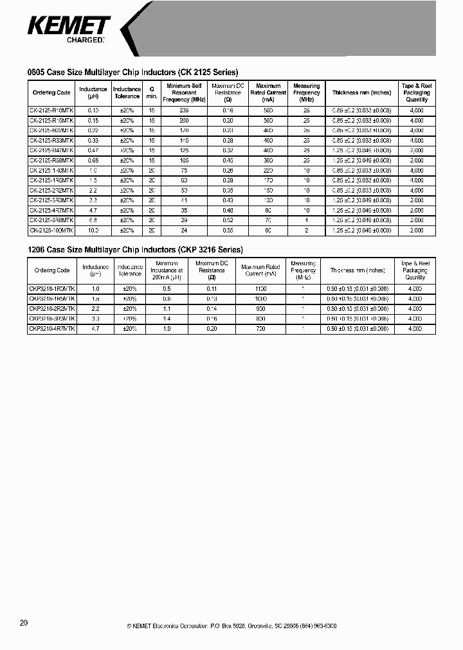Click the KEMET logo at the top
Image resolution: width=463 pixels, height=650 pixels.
coord(69,27)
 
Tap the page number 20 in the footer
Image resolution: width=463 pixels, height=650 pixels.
coord(24,623)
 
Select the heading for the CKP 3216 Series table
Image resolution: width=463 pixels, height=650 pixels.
coord(135,249)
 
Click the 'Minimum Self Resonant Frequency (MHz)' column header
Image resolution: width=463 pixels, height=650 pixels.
coord(183,92)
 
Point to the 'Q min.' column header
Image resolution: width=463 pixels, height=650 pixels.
coord(152,92)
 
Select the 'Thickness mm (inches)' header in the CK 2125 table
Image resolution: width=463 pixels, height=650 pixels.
coord(362,92)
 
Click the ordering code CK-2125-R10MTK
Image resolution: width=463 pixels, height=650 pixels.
coord(51,110)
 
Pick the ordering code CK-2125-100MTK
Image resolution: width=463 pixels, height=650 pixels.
coord(51,230)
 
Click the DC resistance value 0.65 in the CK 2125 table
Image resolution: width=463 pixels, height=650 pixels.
coord(227,230)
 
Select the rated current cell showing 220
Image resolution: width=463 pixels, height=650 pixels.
coord(268,170)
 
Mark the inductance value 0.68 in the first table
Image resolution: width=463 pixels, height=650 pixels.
coord(93,161)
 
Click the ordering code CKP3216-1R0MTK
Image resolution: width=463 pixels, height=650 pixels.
coord(52,289)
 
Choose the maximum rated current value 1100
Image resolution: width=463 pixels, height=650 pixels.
coord(260,289)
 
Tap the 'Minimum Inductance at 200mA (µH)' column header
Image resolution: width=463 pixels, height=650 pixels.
coord(167,270)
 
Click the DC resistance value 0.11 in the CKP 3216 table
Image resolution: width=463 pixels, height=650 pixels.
coord(211,289)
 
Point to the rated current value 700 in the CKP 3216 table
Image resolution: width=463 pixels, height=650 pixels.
coord(260,329)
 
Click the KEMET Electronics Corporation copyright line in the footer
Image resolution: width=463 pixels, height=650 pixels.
coord(232,626)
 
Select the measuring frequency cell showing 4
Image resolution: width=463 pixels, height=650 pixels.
coord(307,220)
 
